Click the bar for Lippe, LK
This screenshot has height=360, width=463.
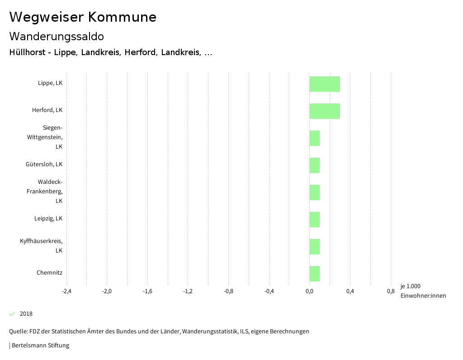tap(325, 84)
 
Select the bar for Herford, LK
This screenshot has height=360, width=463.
tap(325, 111)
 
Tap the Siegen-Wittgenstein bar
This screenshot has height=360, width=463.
tap(315, 138)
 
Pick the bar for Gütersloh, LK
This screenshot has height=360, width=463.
tap(315, 165)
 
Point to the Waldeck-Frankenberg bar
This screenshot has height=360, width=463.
tap(315, 192)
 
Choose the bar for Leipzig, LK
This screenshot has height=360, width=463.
tap(315, 220)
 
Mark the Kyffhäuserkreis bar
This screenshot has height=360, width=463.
tap(315, 247)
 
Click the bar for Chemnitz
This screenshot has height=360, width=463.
tap(315, 274)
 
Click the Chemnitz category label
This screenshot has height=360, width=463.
tap(49, 273)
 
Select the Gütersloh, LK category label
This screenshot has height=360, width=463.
tap(44, 164)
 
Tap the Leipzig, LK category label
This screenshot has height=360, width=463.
tap(48, 219)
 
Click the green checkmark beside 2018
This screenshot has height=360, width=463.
tap(12, 314)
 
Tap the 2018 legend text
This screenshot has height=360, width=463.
tap(26, 314)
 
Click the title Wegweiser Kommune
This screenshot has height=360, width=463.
tap(83, 17)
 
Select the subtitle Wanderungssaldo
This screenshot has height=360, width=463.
tap(57, 36)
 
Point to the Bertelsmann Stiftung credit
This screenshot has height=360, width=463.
tap(40, 346)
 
